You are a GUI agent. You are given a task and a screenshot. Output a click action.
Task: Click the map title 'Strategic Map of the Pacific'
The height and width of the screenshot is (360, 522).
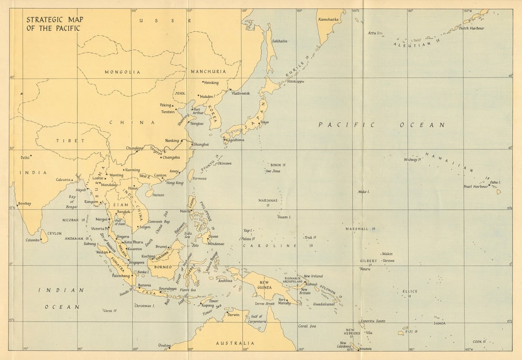pyautogui.click(x=53, y=24)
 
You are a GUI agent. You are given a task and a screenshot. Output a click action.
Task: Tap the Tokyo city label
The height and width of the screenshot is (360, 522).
pyautogui.click(x=264, y=122)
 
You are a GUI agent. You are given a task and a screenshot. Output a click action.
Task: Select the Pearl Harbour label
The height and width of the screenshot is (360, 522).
pyautogui.click(x=475, y=187)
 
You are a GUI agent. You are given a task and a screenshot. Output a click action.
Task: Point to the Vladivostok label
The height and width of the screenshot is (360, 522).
pyautogui.click(x=241, y=94)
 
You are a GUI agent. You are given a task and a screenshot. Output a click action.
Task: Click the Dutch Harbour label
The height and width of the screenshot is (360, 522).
pyautogui.click(x=472, y=28)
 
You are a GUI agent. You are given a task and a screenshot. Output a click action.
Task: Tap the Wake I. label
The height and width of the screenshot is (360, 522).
pyautogui.click(x=364, y=192)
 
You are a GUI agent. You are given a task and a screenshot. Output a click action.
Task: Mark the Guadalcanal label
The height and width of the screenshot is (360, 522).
pyautogui.click(x=324, y=304)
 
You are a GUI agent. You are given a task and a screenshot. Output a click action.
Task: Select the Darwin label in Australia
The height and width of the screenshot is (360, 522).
pyautogui.click(x=233, y=314)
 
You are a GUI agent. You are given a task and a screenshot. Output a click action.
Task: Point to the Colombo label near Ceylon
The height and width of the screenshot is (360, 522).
pyautogui.click(x=33, y=240)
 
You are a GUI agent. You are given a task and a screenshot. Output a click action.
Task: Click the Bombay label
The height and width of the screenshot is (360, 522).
pyautogui.click(x=24, y=203)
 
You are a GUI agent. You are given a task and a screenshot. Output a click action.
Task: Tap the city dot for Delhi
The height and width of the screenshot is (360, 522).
pyautogui.click(x=31, y=155)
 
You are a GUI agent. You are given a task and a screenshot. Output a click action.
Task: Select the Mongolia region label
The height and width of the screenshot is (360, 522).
pyautogui.click(x=122, y=72)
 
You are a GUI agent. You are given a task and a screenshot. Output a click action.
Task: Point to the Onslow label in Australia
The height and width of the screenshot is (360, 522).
pyautogui.click(x=164, y=345)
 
